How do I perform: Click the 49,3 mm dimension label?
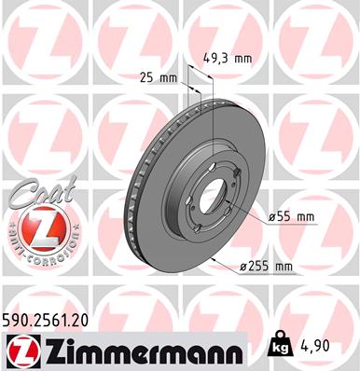coord(228,58)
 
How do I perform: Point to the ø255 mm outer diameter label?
coord(267,267)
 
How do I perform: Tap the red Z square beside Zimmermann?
coord(20,350)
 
